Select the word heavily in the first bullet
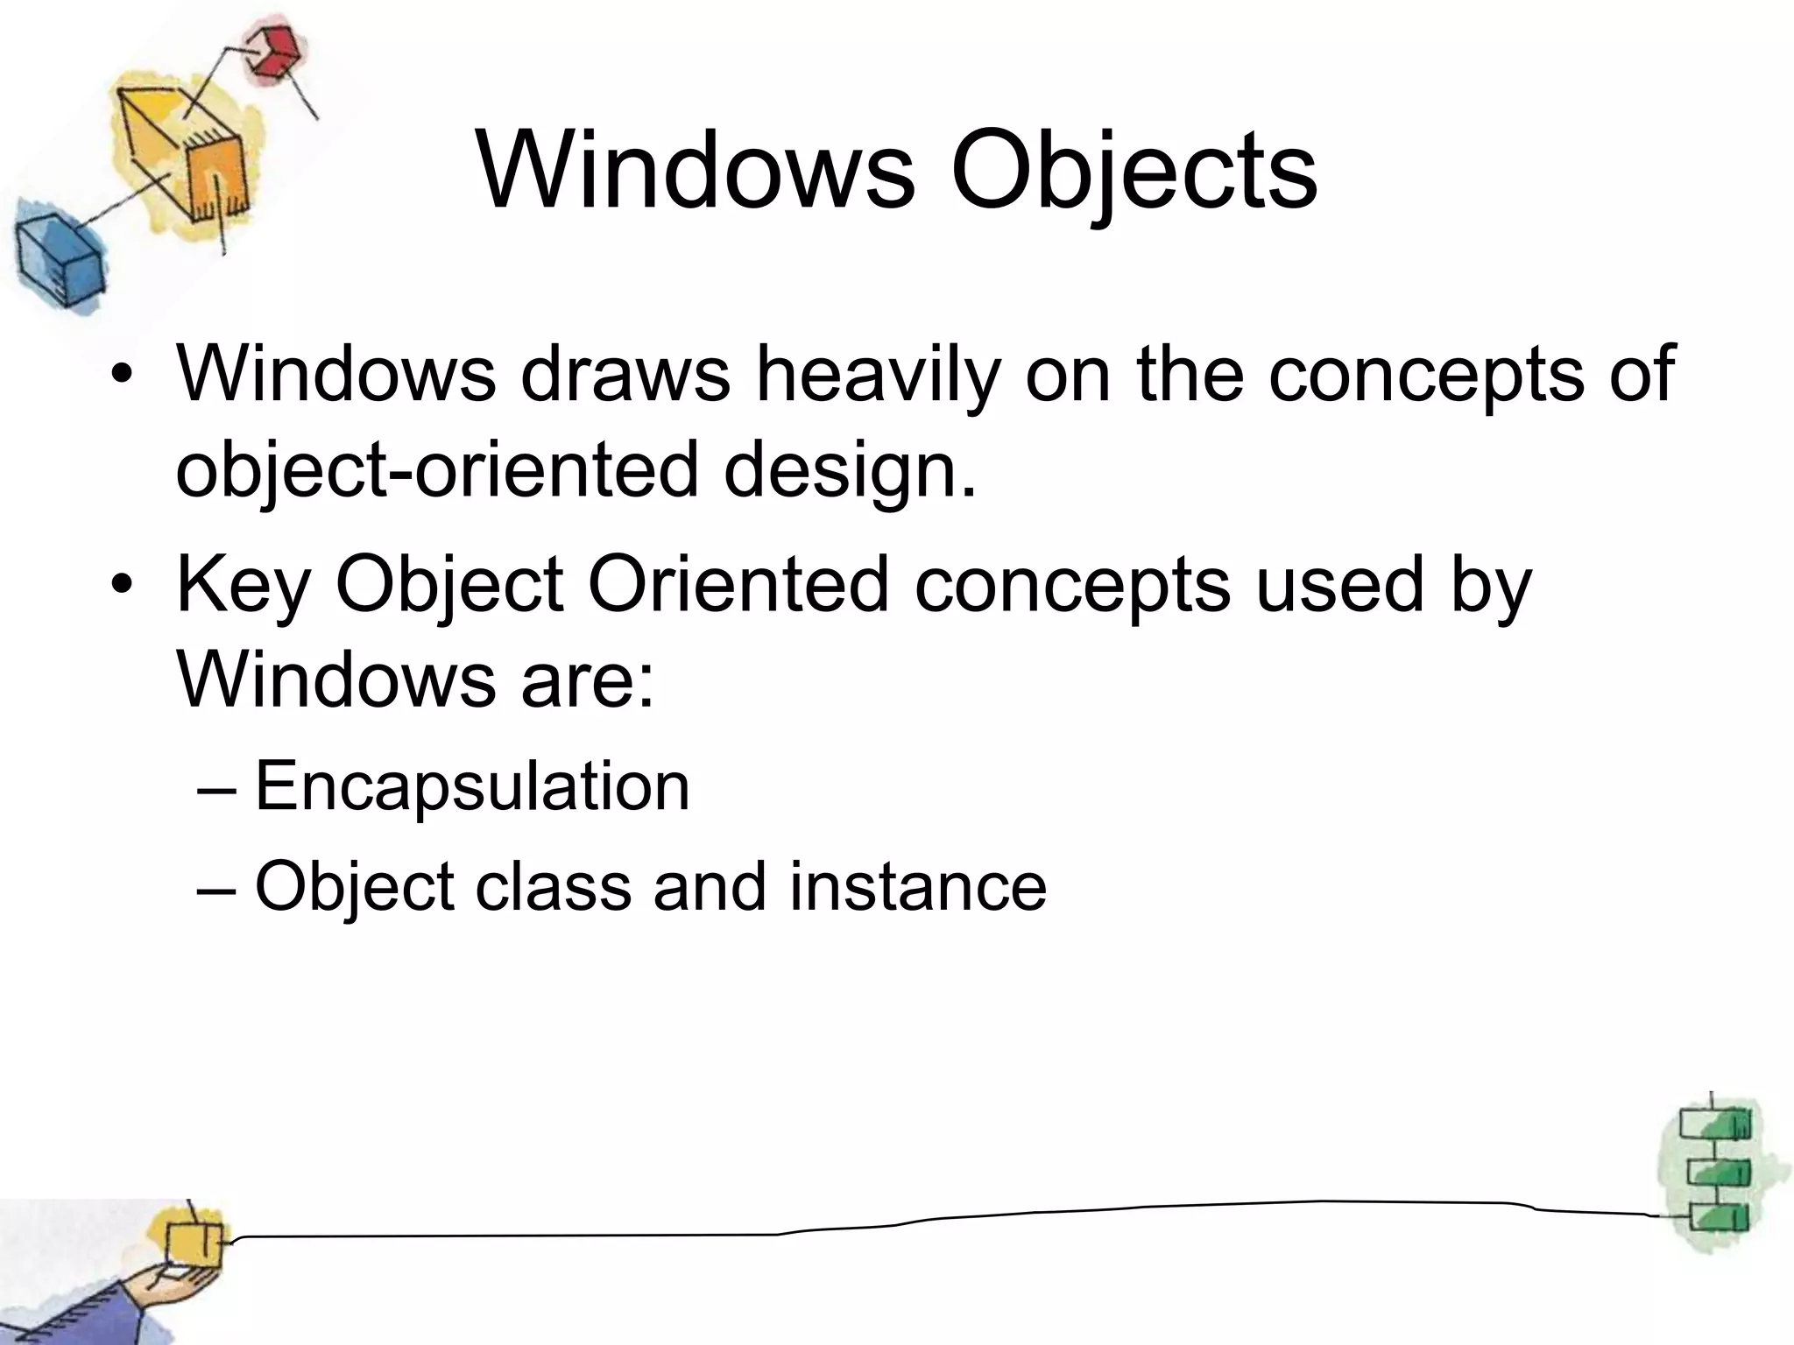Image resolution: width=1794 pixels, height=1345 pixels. click(878, 375)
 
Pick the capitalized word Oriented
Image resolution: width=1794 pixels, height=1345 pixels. click(739, 585)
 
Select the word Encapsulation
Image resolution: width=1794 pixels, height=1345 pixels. click(472, 786)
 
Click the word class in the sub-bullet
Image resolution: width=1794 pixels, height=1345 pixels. click(554, 886)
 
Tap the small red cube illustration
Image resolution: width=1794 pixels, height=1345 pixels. click(272, 51)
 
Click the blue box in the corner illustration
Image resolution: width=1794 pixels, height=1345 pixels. click(60, 256)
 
